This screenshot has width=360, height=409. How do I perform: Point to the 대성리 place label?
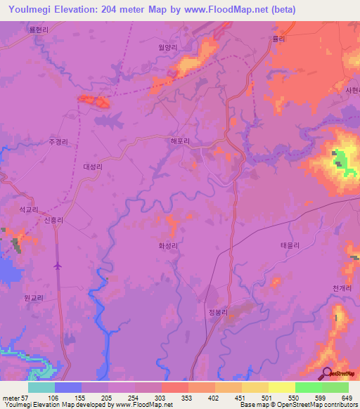point(93,167)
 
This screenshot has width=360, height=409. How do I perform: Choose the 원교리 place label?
point(34,298)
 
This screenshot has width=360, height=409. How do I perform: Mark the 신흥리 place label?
point(54,220)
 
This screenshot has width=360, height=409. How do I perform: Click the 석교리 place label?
point(28,209)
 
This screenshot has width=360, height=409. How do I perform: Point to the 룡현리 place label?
point(39,30)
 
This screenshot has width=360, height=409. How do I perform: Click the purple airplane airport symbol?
point(57,266)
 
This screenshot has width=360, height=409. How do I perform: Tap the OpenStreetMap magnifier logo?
point(326,373)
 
